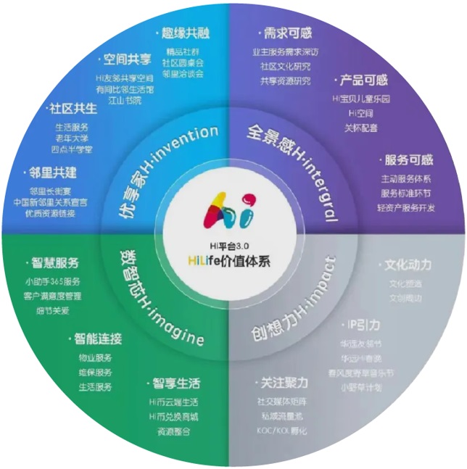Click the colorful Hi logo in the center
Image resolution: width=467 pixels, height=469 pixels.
click(x=233, y=208)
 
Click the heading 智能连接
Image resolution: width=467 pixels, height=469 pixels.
click(x=97, y=339)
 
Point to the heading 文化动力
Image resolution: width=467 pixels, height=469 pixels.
click(x=408, y=266)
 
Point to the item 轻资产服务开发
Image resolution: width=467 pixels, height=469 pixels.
click(x=407, y=209)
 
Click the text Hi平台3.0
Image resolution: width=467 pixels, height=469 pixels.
click(x=233, y=245)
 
